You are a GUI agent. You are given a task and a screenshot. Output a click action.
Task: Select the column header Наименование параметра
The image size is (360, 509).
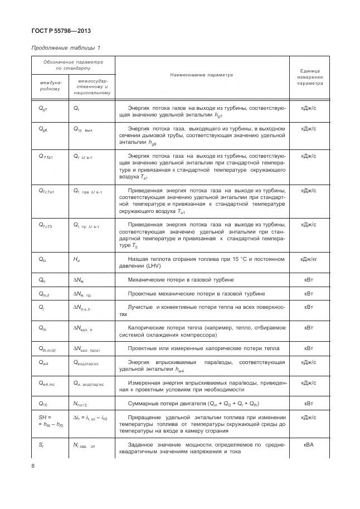[x=201, y=74]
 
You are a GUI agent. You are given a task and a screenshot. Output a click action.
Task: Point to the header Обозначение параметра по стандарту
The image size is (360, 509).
[x=73, y=65]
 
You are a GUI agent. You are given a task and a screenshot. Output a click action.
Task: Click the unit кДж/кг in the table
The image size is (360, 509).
[x=309, y=259]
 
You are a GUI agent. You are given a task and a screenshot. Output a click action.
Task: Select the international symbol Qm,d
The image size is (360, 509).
[x=45, y=293]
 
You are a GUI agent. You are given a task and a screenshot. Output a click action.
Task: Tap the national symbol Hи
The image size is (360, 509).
[x=77, y=259]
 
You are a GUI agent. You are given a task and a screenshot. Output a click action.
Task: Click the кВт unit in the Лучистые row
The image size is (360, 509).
[x=309, y=307]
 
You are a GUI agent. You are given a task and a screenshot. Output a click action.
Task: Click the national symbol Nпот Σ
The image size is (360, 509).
[x=82, y=403]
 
